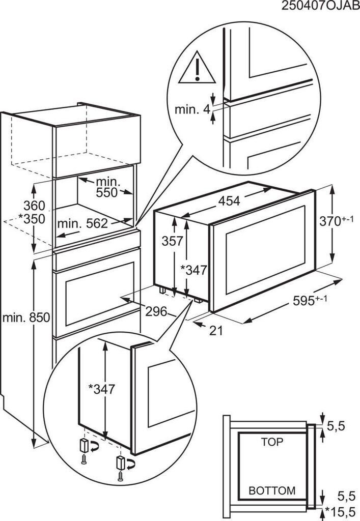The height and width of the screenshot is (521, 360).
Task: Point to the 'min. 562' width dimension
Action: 82,223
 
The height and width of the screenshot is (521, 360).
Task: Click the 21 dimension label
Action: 216,330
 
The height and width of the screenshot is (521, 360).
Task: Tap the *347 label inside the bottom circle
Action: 101,389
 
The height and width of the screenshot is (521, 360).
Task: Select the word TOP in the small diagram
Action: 272,442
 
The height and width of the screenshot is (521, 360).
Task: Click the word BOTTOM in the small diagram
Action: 272,491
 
